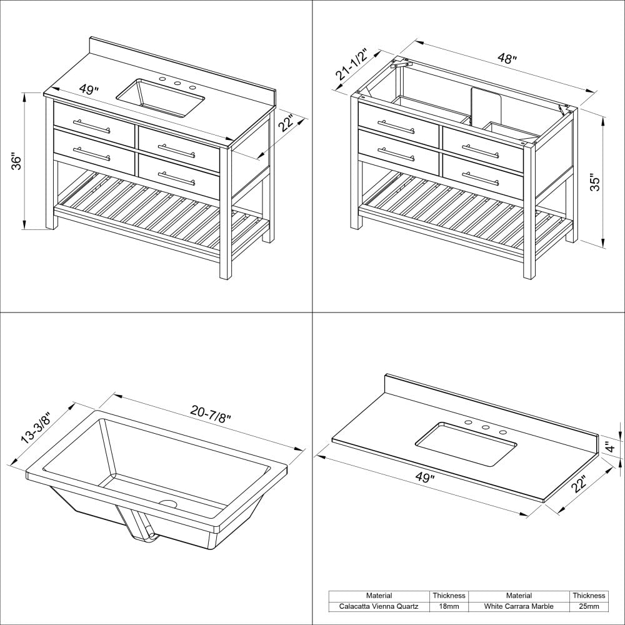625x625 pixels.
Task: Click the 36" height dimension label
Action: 17,161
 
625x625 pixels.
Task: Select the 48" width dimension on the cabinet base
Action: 507,59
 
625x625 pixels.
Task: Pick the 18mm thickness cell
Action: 449,606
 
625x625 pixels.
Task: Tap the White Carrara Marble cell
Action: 519,606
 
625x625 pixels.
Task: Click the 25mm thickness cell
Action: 588,606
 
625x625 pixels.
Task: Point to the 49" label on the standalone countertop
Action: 424,478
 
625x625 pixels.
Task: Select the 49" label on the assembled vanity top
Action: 89,89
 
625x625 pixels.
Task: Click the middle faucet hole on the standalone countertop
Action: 485,426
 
